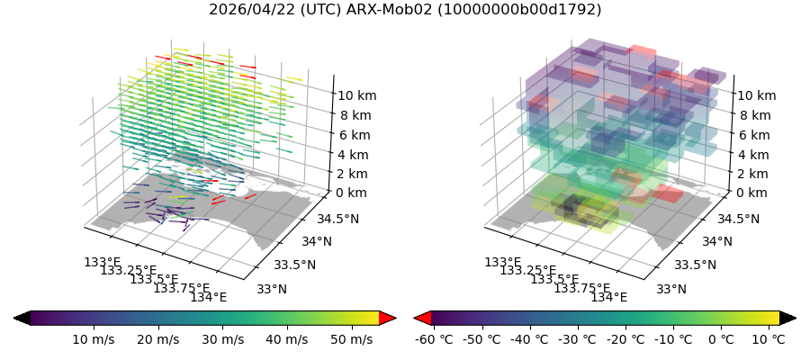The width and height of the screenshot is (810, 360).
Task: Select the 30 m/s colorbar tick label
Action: coord(221,339)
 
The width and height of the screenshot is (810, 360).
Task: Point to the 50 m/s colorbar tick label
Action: coord(349,339)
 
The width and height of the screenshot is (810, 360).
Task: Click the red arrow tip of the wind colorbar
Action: coord(388,318)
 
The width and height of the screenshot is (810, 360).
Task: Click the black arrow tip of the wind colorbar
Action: coord(22,318)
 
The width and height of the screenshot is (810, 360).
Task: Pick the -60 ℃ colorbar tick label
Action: coord(431,339)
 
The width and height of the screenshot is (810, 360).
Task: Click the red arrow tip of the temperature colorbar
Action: coord(422,318)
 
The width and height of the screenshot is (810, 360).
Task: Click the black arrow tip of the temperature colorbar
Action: coord(787,318)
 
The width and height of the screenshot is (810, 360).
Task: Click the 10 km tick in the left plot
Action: coord(356,95)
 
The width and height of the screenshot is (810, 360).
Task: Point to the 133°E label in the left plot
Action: coord(102,262)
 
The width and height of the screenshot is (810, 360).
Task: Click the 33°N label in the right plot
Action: coord(671,289)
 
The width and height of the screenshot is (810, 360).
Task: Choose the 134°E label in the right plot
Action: coord(608,298)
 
